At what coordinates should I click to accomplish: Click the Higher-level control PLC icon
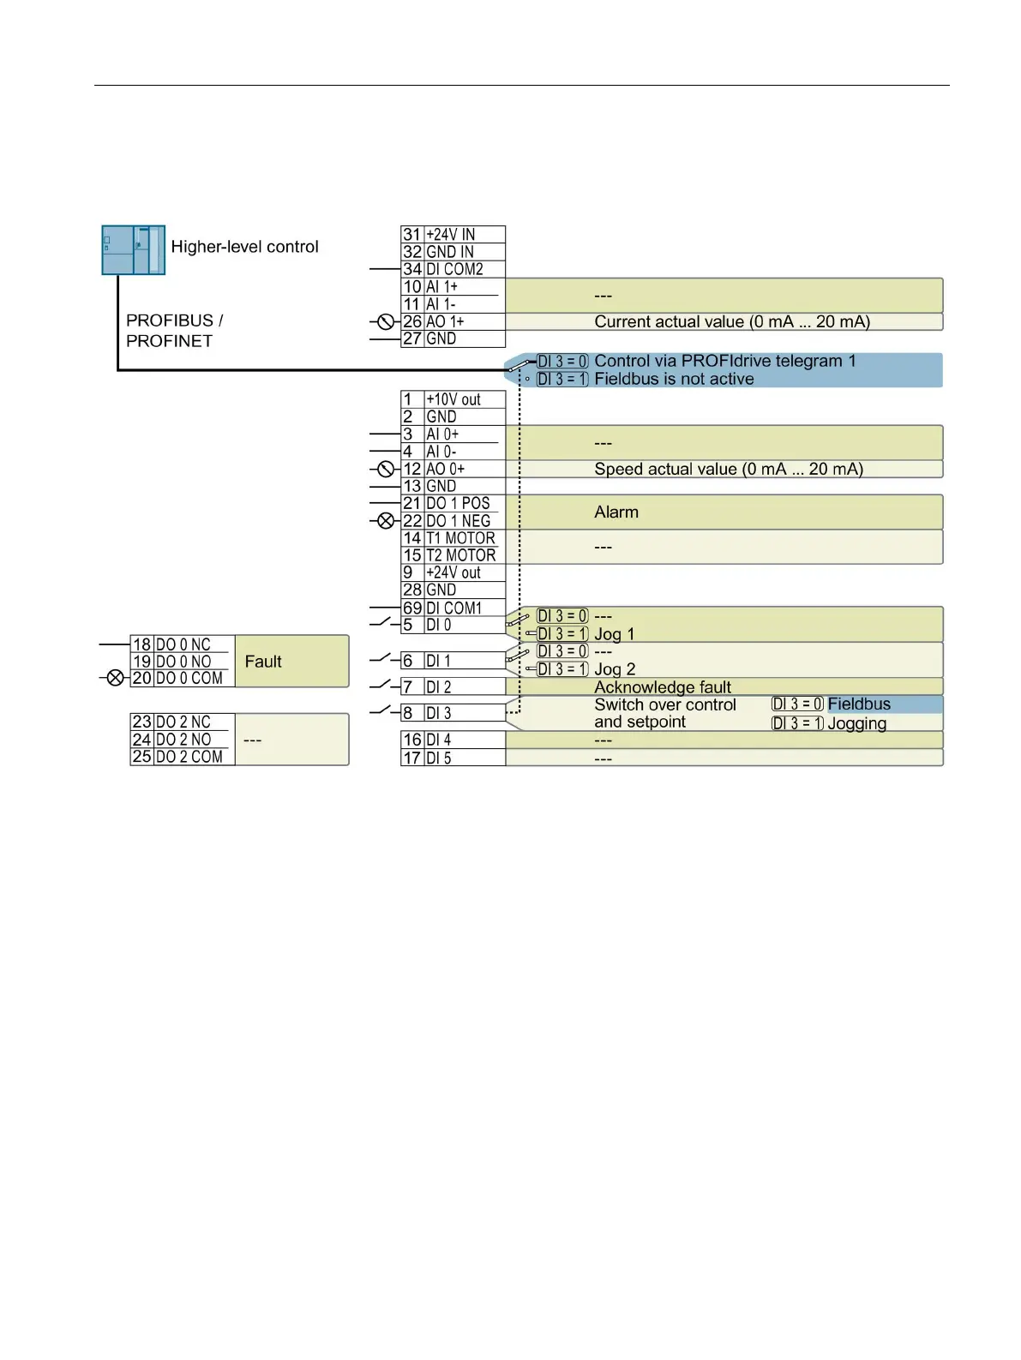133,249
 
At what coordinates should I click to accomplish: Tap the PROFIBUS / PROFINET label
174,331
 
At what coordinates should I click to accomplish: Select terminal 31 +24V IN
452,235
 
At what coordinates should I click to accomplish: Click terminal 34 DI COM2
452,269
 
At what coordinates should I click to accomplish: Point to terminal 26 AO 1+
452,321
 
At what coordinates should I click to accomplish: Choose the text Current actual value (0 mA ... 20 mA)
731,322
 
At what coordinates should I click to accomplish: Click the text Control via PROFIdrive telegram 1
724,361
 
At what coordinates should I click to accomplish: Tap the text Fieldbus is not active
674,379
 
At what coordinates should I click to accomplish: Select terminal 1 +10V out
452,399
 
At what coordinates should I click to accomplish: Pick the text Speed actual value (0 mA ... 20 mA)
728,469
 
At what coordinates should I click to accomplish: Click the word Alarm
616,512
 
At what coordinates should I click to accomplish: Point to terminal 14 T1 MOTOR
452,538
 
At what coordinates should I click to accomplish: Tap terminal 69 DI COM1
452,608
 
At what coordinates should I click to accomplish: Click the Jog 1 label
614,634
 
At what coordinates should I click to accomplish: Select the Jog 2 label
614,669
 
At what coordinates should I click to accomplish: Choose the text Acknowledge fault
662,687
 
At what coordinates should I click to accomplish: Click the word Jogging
856,723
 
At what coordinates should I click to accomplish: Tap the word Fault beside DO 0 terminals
262,662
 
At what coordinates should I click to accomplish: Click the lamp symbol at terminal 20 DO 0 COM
115,678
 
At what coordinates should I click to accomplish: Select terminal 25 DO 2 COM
182,757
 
